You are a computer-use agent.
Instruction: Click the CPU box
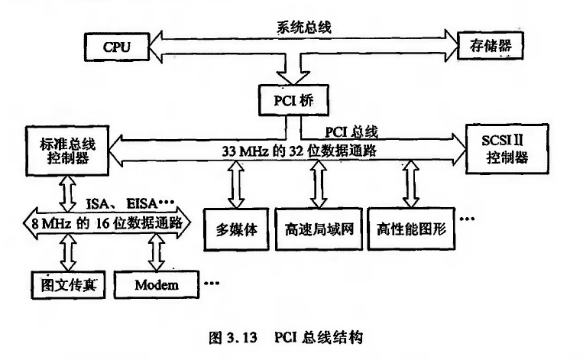click(x=117, y=47)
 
